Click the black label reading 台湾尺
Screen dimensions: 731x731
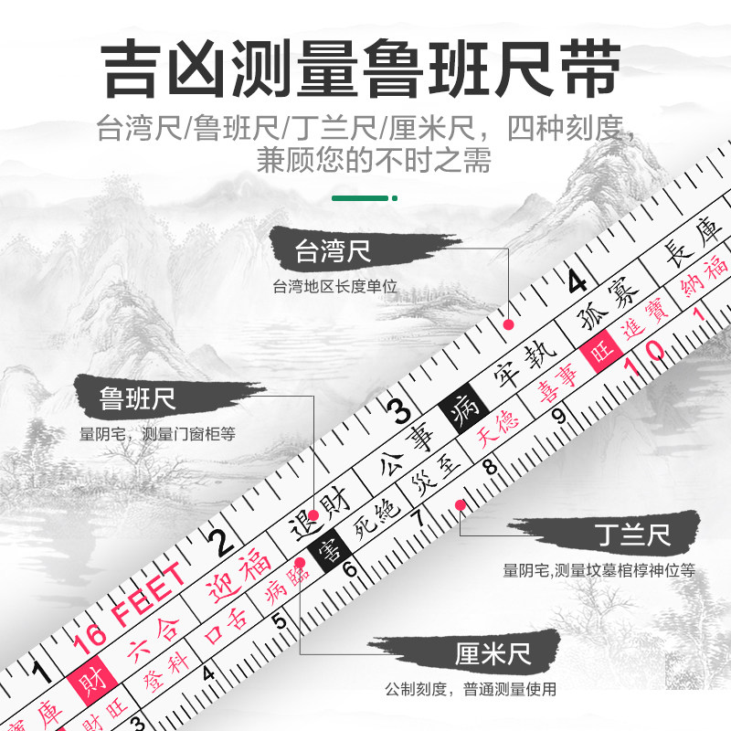click(x=333, y=252)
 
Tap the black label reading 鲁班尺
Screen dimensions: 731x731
click(x=138, y=398)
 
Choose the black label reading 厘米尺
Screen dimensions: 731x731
click(x=493, y=654)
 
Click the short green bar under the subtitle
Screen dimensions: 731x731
click(x=365, y=197)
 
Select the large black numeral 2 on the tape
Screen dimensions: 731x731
click(x=220, y=544)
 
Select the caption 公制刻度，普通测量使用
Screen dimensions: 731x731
click(x=483, y=690)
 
